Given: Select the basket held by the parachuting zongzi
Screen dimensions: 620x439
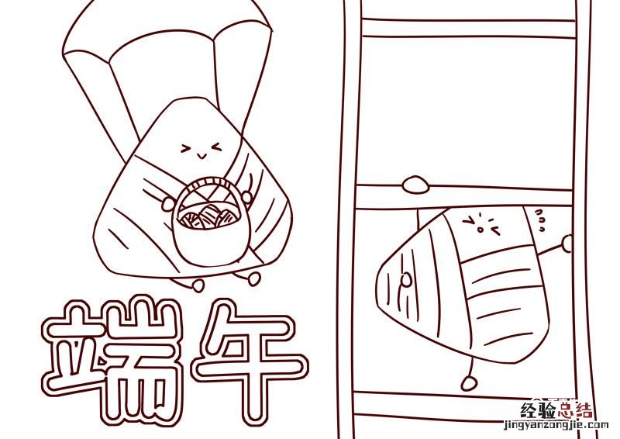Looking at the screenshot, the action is pos(208,222).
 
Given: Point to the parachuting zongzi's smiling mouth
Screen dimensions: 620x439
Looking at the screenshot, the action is pos(201,155).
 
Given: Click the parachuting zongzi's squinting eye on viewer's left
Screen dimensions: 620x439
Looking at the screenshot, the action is pos(184,149).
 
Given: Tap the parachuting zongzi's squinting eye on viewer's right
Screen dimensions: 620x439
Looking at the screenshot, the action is pos(217,147).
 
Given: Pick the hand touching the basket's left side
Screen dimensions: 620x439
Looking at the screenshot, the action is pos(168,203).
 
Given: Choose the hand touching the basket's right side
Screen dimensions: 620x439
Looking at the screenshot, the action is pos(246,197).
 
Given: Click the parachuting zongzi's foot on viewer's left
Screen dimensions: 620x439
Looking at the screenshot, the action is pos(198,285).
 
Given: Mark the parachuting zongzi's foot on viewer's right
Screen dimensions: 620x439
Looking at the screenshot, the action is pos(254,278).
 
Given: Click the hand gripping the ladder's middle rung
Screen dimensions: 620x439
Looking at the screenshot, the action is pos(415,185).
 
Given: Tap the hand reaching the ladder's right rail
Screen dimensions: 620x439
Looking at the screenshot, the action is pos(568,243).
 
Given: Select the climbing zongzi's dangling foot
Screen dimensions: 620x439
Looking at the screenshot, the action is pos(469,383).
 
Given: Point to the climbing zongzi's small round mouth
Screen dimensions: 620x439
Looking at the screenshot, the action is pos(480,229).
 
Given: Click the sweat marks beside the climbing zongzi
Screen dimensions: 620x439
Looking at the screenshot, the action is pos(540,220).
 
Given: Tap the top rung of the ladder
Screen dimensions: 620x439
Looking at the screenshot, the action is pos(469,28).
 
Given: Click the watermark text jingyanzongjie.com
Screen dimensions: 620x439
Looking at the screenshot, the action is pos(556,426).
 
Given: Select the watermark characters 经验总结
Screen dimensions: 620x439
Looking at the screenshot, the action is pos(556,410).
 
